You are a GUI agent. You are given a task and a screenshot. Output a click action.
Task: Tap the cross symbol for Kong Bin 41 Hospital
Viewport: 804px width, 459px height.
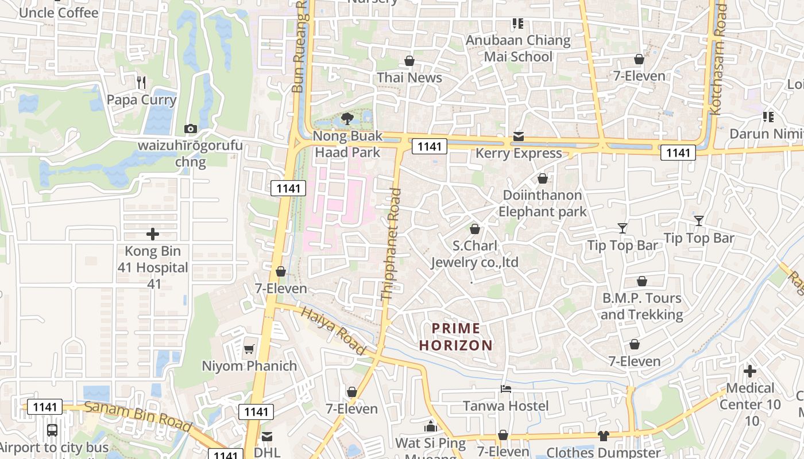click(152, 234)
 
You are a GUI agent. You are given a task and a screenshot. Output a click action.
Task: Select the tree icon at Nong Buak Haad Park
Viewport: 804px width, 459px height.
click(347, 119)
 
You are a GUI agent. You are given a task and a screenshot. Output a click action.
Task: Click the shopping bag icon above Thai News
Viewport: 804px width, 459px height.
click(409, 60)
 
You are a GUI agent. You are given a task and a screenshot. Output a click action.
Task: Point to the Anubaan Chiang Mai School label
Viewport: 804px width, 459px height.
click(518, 48)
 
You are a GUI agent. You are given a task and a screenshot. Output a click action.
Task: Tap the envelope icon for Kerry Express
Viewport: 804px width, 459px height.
click(519, 136)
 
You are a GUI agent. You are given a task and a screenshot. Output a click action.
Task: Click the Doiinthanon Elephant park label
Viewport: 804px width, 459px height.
click(542, 203)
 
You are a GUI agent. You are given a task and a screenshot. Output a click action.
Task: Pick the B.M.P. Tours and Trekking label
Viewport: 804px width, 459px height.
click(641, 306)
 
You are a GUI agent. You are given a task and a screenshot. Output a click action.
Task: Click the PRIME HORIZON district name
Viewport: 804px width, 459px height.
click(456, 337)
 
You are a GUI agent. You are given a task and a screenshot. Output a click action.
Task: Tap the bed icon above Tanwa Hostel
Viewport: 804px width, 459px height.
click(506, 389)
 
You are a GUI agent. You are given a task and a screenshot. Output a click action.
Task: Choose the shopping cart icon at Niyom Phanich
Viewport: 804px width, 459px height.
click(249, 349)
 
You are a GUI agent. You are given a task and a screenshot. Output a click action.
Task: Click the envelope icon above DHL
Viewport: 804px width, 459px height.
click(267, 436)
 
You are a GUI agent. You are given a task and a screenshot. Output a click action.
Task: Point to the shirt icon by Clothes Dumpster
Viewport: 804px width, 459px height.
click(603, 436)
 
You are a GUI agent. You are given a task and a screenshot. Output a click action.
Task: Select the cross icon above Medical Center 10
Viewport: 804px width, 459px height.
click(750, 371)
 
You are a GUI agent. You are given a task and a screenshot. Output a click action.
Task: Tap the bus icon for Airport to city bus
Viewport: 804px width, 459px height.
click(52, 430)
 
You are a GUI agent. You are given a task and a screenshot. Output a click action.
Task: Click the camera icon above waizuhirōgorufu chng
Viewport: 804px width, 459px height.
click(190, 129)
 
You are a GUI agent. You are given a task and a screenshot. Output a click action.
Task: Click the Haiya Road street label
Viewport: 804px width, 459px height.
click(334, 331)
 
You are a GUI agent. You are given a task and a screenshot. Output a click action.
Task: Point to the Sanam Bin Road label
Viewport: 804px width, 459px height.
click(138, 417)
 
